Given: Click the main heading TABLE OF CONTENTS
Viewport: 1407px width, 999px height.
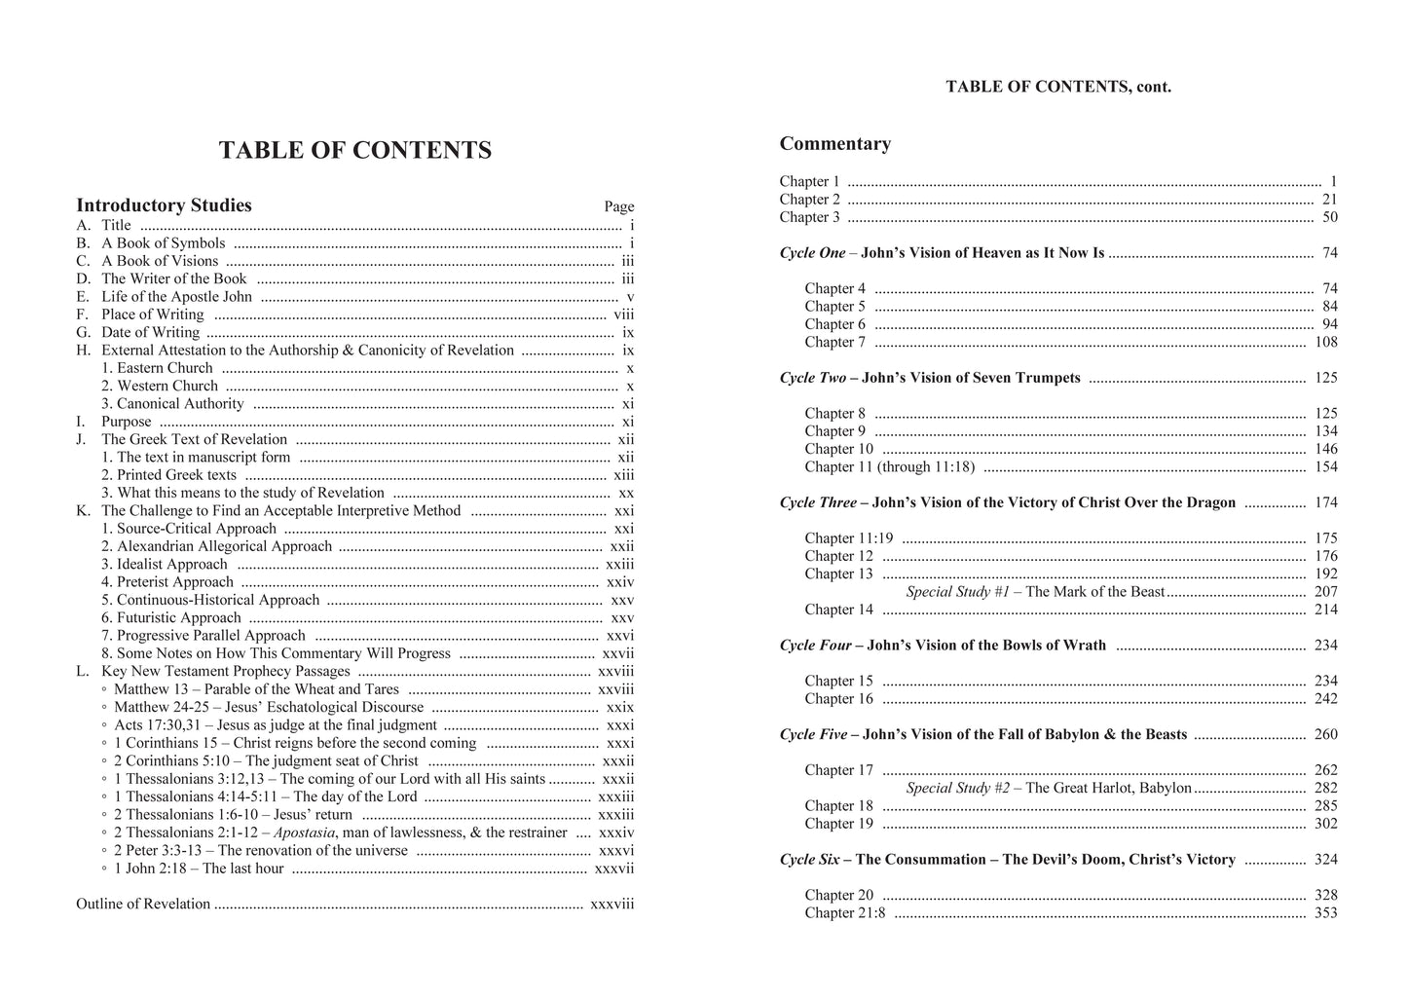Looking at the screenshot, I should [354, 150].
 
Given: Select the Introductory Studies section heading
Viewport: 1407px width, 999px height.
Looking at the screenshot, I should [164, 205].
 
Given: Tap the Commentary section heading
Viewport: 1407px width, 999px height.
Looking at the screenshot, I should [834, 144].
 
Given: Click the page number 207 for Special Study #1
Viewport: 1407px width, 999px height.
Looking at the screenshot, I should [1325, 592].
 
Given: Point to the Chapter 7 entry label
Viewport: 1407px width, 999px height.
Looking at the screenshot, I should [834, 343].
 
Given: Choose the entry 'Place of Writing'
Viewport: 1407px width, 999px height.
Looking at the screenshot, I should [152, 314].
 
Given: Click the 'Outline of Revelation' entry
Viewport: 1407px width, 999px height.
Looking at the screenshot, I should [143, 905].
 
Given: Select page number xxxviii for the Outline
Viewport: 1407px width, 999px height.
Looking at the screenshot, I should [611, 905].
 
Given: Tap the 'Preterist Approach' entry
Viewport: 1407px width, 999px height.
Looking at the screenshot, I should [167, 582].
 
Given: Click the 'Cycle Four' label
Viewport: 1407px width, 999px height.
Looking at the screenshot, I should [815, 646].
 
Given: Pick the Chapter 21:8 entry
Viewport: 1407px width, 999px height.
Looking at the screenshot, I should [845, 913].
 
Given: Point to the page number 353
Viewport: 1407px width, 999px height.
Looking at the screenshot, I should [1325, 913].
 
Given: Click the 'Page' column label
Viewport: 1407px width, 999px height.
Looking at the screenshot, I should [618, 206].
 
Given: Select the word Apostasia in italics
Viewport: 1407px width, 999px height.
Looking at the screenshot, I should [305, 832].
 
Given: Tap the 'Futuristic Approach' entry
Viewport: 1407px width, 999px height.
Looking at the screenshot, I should [171, 618].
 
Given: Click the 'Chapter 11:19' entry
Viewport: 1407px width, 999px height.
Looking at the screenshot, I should [848, 538].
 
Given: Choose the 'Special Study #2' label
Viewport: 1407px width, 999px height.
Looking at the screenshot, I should [957, 789].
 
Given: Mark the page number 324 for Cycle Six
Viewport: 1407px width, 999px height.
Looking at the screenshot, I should [1325, 860].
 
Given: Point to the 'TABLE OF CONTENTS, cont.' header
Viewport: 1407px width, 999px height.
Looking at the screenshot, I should [1058, 87].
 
